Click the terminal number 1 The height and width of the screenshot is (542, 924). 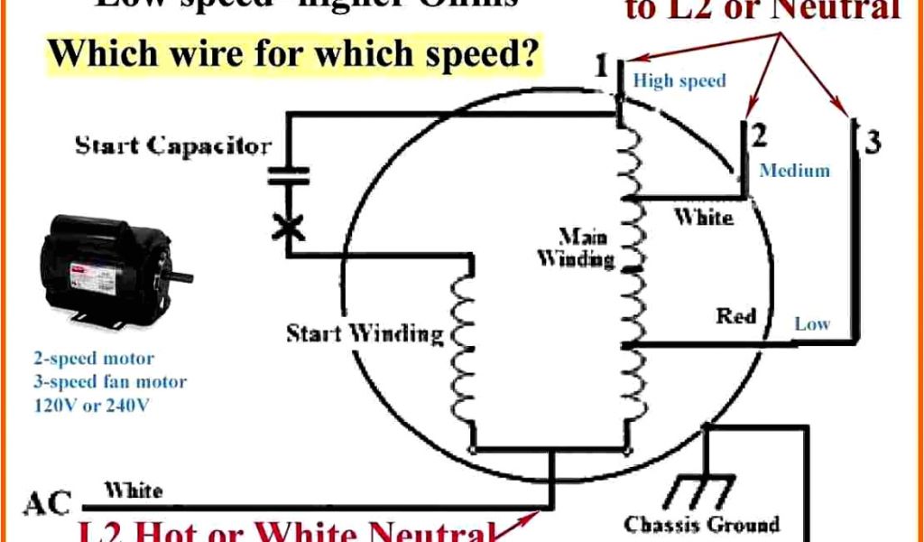tap(602, 67)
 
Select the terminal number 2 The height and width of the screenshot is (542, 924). tap(759, 136)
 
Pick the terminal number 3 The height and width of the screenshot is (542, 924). tap(872, 141)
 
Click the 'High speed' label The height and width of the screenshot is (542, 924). tap(679, 81)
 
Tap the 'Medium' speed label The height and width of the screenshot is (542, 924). tap(795, 170)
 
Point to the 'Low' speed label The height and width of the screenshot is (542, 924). tap(812, 323)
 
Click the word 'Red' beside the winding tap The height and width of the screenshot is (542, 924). tap(736, 316)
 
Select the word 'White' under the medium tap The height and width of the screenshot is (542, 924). tap(704, 218)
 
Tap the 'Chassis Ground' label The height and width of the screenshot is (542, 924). tap(701, 524)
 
